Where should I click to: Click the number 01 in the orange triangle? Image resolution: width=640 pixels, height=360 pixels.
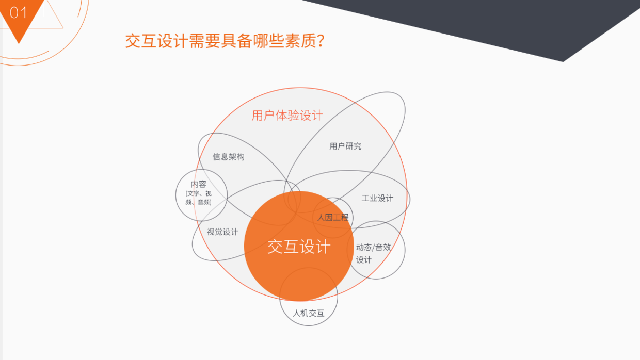tap(18, 12)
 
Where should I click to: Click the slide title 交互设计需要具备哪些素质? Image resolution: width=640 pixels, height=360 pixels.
tap(225, 41)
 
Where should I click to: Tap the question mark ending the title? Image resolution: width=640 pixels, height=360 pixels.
tap(321, 41)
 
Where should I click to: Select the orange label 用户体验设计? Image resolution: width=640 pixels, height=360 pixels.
tap(287, 116)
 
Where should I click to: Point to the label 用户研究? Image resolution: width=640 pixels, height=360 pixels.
tap(345, 146)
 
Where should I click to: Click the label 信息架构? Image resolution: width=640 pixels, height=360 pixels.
tap(228, 157)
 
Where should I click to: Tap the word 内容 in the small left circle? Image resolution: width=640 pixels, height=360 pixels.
tap(199, 184)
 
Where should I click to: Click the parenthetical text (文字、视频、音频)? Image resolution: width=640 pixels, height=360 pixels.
tap(199, 198)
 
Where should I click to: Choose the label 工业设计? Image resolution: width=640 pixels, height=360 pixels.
tap(377, 198)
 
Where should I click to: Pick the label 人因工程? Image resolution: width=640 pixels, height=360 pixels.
tap(333, 218)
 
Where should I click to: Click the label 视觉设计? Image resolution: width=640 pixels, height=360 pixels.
tap(222, 232)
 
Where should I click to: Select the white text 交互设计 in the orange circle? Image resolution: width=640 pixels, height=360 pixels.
tap(299, 247)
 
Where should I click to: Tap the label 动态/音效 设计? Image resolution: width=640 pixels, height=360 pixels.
tap(373, 254)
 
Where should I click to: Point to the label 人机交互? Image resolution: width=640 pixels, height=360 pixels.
tap(309, 313)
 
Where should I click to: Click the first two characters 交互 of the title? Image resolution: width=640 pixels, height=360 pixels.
tap(141, 41)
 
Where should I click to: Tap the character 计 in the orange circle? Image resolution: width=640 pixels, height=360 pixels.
tap(323, 247)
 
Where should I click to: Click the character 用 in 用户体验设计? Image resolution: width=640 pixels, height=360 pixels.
tap(258, 116)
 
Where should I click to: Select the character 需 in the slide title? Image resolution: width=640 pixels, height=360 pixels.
tap(197, 41)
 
